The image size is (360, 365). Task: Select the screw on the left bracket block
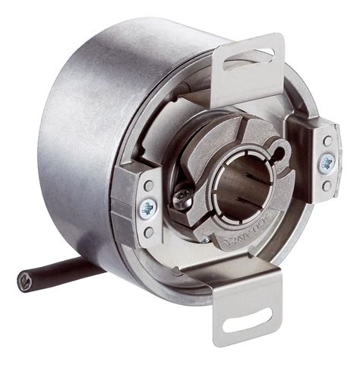point(146,208)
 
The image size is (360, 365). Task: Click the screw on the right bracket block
point(327,162)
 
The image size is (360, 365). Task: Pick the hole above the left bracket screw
point(147,186)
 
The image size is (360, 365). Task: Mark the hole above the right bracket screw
point(327,141)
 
